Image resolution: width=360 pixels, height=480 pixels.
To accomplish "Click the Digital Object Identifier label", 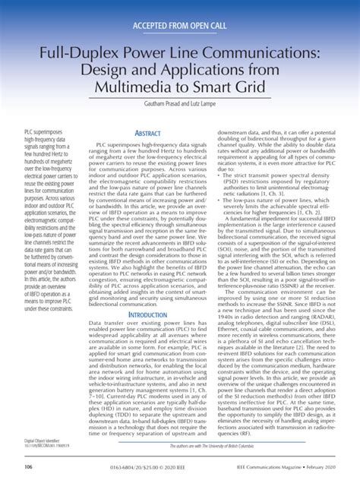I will (x=41, y=440).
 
